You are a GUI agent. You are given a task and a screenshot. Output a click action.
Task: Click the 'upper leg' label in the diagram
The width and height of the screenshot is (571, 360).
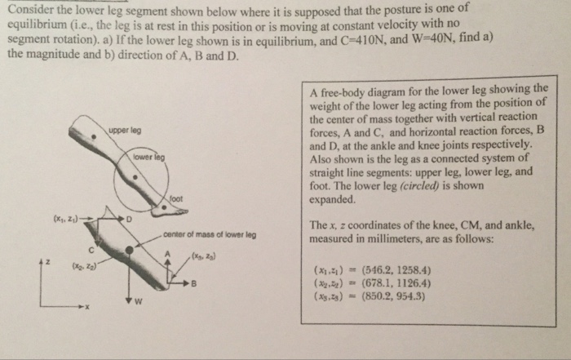(124, 131)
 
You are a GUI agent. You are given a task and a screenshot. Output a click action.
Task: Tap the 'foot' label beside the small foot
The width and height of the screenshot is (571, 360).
(176, 198)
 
